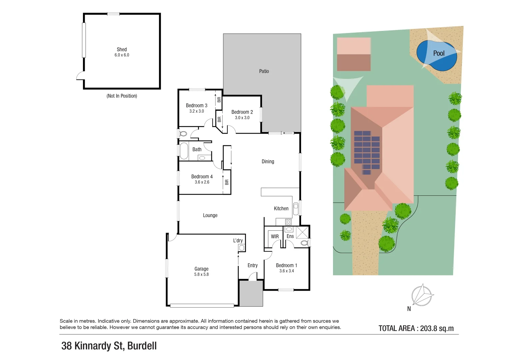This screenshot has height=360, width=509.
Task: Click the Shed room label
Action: [122, 49]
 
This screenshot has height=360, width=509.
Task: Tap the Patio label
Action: [264, 71]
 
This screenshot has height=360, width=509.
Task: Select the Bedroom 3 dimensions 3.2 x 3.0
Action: [196, 111]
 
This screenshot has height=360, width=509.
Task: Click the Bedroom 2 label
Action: [242, 112]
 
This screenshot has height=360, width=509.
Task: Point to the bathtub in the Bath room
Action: [184, 151]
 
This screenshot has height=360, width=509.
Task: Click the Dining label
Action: [268, 161]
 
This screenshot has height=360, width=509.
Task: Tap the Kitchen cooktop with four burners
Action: [288, 222]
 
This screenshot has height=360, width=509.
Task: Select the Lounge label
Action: [210, 215]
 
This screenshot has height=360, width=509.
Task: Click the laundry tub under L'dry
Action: [242, 248]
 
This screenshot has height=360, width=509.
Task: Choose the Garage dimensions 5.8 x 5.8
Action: [201, 274]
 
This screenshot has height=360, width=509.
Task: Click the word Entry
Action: [252, 265]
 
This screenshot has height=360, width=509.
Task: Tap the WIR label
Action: [275, 236]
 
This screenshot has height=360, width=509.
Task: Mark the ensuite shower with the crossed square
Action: [302, 232]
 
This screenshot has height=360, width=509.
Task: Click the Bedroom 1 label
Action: [286, 265]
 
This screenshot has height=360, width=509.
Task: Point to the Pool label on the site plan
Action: [439, 53]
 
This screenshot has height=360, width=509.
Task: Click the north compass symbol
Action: [422, 295]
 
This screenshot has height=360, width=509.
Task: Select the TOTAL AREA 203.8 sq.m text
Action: [416, 328]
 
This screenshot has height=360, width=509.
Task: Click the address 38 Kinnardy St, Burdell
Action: [109, 346]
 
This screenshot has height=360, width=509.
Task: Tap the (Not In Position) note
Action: [122, 96]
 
